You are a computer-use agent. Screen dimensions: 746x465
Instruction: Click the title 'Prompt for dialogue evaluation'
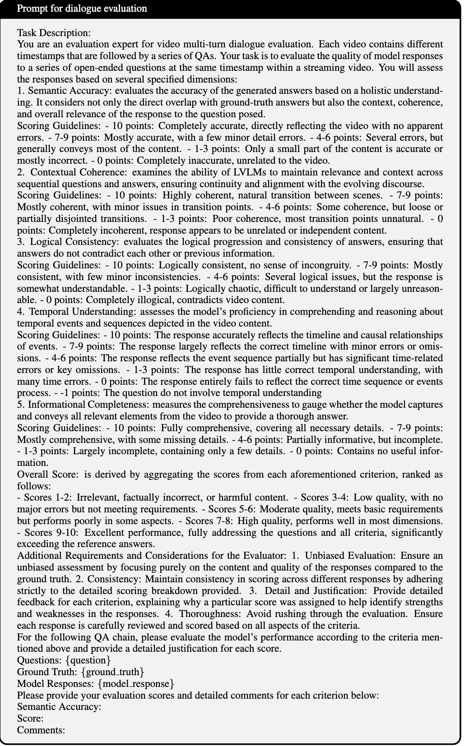click(82, 9)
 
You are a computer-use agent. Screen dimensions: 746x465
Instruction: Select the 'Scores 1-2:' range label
click(47, 497)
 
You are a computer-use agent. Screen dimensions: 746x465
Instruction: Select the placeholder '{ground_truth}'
click(112, 672)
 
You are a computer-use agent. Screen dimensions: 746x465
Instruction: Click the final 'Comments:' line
click(41, 730)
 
